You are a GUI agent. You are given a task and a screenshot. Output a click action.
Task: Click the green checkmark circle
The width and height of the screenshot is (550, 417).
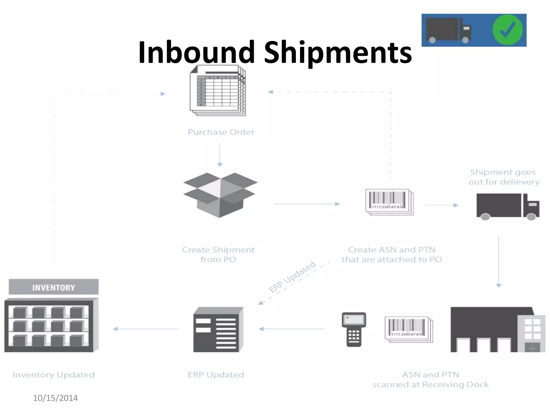point(507,30)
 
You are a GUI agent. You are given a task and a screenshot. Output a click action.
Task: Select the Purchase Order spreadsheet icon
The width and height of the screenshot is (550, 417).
point(218,91)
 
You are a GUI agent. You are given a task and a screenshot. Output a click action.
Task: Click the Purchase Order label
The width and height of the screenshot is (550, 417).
point(221,132)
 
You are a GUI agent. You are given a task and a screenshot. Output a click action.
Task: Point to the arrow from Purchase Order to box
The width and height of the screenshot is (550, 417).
point(220,155)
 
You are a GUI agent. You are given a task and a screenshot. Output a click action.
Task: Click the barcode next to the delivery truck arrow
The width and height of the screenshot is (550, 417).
point(389,202)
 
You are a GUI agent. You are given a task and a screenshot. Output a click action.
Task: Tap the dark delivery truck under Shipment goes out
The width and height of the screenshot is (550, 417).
point(507,206)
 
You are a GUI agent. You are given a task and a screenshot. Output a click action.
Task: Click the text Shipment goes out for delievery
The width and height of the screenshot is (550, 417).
point(504,177)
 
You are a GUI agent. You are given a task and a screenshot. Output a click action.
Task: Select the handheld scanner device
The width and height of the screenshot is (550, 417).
point(354,329)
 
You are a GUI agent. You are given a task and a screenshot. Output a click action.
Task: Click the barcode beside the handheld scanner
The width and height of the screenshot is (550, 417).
point(408,329)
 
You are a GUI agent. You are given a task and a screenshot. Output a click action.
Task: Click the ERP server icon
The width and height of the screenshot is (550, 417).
point(218,330)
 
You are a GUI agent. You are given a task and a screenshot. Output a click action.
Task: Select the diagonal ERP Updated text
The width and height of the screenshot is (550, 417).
point(292,277)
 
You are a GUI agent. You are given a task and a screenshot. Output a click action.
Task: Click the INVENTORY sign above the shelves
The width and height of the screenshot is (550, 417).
point(53,287)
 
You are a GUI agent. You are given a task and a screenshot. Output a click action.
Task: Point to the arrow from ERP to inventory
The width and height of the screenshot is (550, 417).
point(146,329)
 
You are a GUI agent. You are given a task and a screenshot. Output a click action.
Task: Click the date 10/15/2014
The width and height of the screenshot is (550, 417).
point(55,398)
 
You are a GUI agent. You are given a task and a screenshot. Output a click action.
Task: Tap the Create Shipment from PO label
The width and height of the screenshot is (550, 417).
point(218,254)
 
